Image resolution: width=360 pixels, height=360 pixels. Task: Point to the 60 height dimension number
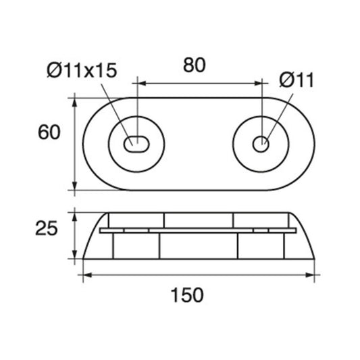(x=49, y=133)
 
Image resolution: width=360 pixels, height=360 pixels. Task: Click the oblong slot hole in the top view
(x=137, y=143)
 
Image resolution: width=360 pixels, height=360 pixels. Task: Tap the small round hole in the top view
(x=260, y=143)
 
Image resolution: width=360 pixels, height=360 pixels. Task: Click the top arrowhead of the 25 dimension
(x=74, y=215)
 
